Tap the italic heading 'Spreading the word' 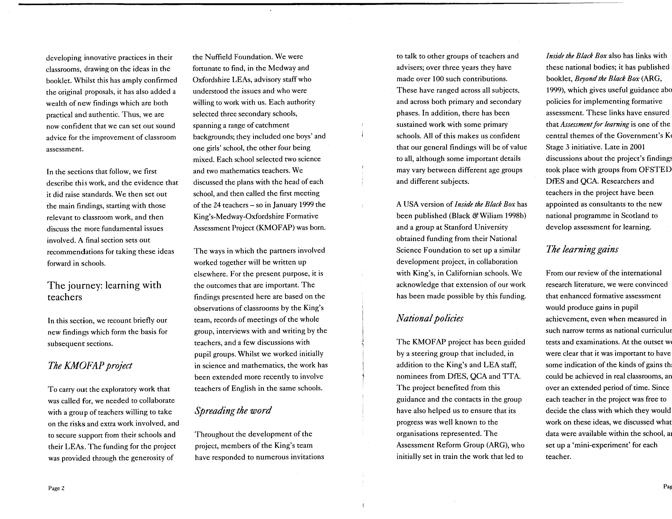tap(233, 410)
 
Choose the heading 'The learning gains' tap(582, 249)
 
